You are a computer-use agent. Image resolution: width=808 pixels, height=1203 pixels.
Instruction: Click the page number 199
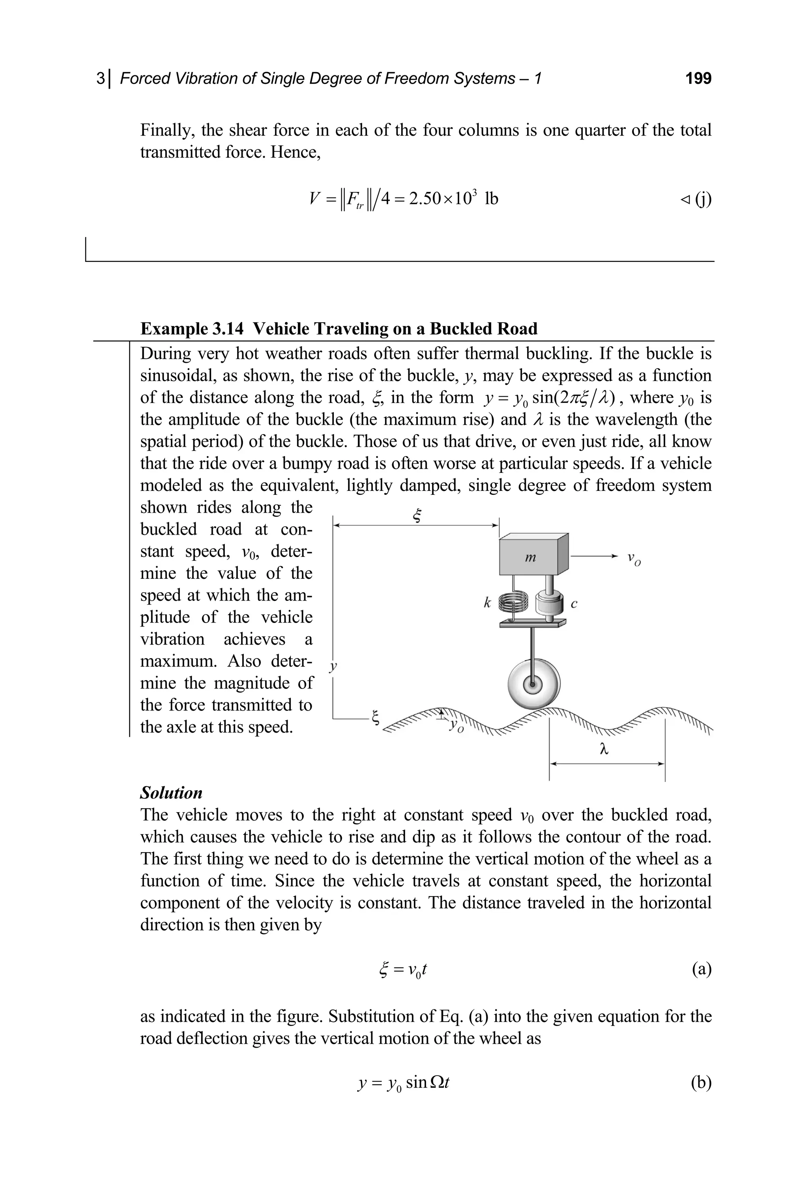[698, 78]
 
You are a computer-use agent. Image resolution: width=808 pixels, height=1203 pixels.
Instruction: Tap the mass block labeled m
[530, 557]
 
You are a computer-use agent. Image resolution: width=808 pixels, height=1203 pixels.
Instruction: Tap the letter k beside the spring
[487, 602]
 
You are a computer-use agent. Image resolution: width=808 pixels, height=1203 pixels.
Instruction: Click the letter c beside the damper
[574, 604]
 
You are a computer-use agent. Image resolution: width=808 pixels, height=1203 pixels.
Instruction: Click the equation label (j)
[702, 198]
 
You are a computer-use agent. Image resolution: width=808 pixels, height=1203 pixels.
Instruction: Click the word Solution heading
[171, 793]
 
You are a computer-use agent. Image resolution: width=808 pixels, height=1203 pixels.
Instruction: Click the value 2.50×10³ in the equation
[443, 198]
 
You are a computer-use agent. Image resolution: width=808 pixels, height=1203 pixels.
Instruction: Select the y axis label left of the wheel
[333, 666]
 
